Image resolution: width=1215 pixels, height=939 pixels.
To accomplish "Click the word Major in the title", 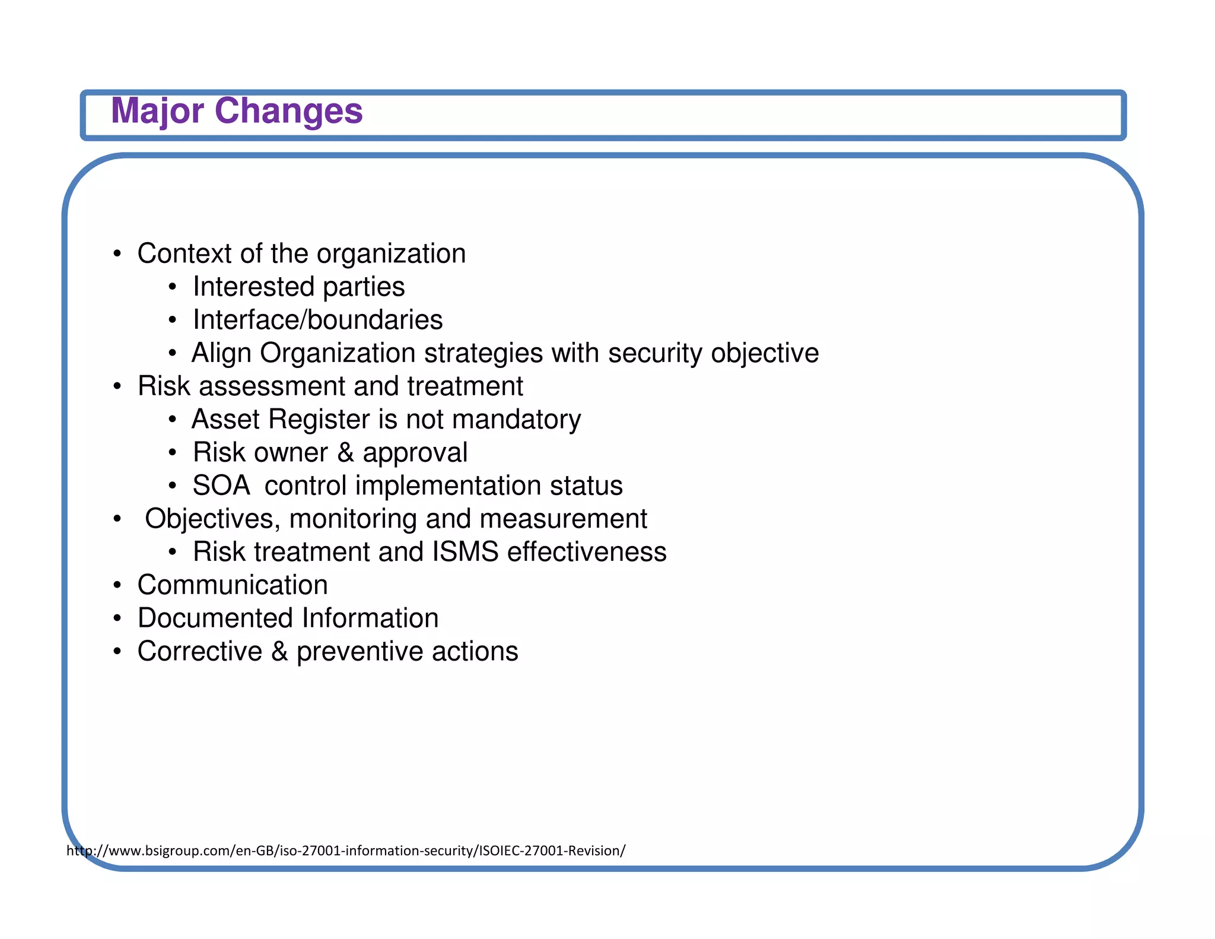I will (x=157, y=111).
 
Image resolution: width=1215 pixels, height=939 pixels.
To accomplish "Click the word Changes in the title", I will (x=288, y=111).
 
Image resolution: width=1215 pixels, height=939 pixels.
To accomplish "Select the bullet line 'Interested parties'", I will (x=298, y=287).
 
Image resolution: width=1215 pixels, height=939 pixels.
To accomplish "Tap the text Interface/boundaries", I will (x=317, y=320).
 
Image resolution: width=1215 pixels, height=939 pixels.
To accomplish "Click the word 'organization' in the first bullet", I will (x=391, y=254).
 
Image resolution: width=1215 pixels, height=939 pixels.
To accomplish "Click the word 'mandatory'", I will (x=516, y=420).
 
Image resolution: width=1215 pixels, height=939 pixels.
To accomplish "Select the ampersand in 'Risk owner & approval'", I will (x=345, y=453).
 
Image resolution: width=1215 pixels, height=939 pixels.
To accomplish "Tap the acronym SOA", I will (x=221, y=486).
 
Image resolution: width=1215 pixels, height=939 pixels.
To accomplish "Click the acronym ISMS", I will (x=465, y=552).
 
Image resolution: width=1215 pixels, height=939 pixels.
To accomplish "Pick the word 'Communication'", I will (x=233, y=585).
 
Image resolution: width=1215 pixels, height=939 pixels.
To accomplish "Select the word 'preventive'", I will (x=360, y=652).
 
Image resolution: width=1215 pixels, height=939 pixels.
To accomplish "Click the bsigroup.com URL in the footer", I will (x=345, y=851).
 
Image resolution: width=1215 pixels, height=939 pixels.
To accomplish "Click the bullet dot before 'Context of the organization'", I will (x=117, y=255).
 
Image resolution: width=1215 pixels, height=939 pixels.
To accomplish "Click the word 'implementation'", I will (x=447, y=486).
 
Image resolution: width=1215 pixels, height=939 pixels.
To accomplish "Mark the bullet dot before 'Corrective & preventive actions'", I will (x=117, y=652).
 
